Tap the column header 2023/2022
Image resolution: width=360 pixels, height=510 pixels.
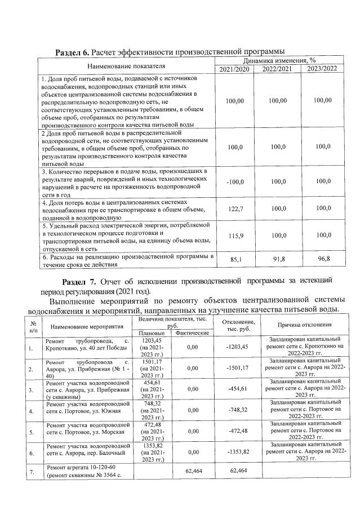point(322,69)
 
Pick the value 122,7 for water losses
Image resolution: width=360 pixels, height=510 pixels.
point(234,208)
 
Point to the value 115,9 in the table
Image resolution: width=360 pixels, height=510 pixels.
point(234,235)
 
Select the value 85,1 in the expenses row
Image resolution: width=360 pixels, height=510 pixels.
point(234,259)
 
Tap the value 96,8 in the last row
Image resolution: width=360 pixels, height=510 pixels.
point(323,259)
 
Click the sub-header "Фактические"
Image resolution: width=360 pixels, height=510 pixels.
point(193,333)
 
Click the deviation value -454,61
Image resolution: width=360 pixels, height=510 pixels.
point(237,389)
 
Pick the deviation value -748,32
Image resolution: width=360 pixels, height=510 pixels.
point(237,410)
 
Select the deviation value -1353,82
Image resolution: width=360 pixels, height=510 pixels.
point(237,452)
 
